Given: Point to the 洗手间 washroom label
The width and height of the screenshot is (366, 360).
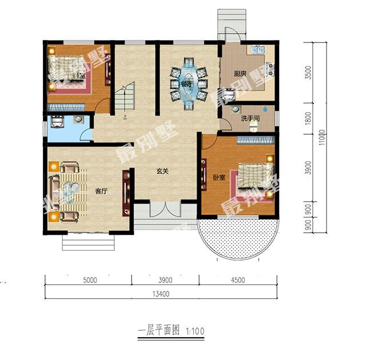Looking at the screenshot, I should coord(250,118).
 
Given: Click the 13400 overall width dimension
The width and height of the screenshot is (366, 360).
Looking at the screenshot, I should coord(161,294).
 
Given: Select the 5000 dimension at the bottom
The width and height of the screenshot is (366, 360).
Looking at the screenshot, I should coord(88,280).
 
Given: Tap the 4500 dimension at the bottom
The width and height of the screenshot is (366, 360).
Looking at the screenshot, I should coord(238,280).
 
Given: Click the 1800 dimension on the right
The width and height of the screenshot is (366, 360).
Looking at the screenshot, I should coord(308,118).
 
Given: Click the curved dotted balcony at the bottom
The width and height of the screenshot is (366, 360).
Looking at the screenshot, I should coord(240,238).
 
